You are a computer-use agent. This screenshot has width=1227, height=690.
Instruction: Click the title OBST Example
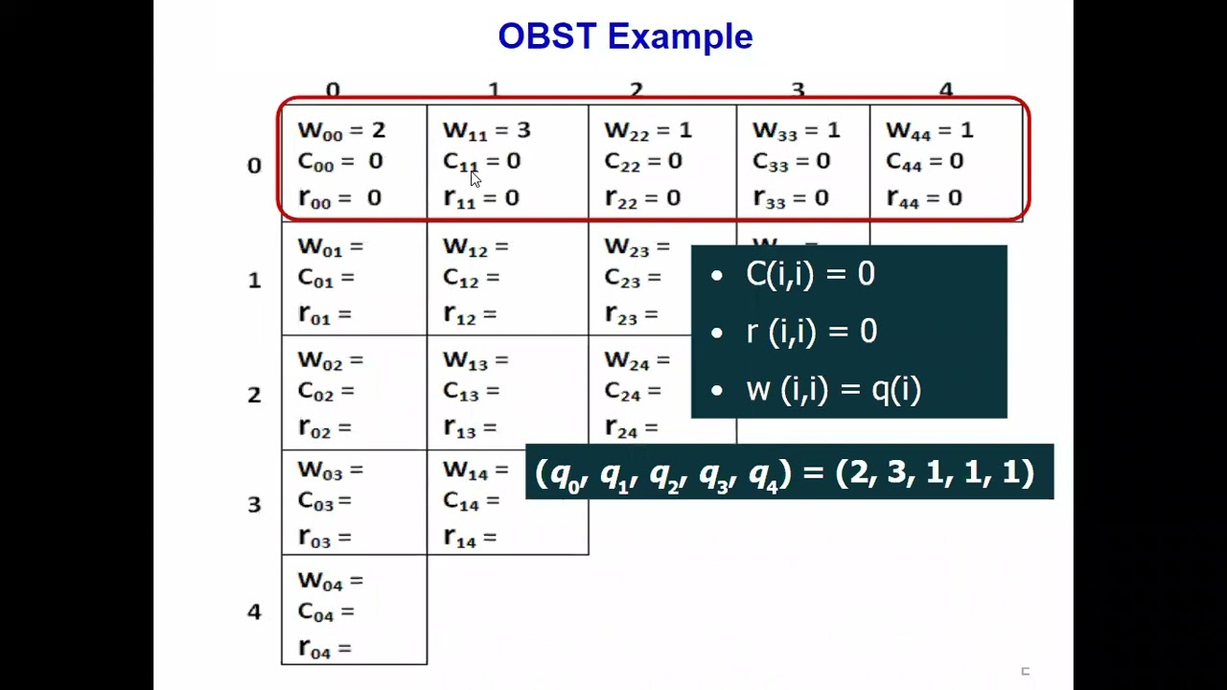coord(625,36)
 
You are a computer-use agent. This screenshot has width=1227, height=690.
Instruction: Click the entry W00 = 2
coord(341,130)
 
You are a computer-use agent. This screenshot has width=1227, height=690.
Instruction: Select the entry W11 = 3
coord(486,130)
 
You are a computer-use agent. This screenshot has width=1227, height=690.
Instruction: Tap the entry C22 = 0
coord(642,162)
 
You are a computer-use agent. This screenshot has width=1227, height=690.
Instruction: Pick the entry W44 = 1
coord(929,130)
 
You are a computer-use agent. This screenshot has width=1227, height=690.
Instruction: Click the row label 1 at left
coord(254,281)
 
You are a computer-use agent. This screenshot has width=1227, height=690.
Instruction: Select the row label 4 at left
coord(254,611)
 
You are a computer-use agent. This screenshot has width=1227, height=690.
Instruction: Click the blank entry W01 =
coord(331,247)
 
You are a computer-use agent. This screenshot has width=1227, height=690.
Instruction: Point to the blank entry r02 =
coord(325,428)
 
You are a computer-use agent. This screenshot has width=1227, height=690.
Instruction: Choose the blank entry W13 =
coord(475,361)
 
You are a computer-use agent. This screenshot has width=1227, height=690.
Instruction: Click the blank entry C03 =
coord(325,501)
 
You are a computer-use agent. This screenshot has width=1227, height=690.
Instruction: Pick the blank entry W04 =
coord(331,581)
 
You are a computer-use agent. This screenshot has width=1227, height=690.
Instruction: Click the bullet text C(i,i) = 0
coord(810,275)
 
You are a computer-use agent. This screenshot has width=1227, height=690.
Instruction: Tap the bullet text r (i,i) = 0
coord(811,333)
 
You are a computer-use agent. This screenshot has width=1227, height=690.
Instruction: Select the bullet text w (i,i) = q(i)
coord(833,390)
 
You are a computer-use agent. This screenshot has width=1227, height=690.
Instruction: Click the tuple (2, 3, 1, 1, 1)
coord(935,472)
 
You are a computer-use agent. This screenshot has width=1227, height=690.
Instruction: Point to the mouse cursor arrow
coord(475,178)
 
